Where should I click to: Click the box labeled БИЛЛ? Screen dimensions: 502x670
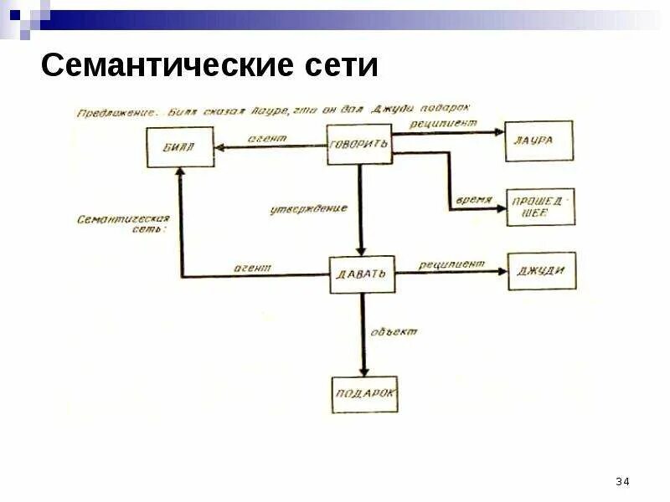coord(180,146)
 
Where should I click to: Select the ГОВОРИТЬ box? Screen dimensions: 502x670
coord(359,144)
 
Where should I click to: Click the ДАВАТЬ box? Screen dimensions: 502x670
coord(362,274)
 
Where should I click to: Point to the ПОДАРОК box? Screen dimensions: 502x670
coord(364,393)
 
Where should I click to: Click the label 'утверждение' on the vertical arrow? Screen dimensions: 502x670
coord(309,208)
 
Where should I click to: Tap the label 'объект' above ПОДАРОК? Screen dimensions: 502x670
coord(394,332)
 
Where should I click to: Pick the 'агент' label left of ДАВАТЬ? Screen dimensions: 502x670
coord(252,268)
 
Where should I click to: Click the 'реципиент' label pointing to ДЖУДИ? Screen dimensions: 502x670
coord(452,264)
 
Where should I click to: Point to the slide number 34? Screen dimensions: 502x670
coord(622,481)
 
